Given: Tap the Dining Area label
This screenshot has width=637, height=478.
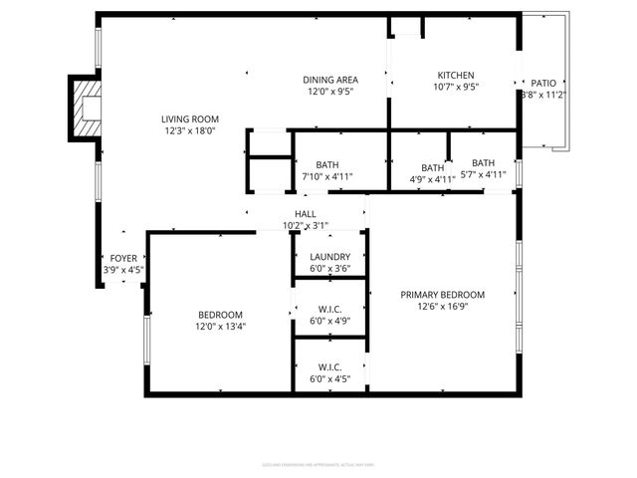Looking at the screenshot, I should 330,80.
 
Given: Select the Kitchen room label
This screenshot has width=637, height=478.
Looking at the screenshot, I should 456,75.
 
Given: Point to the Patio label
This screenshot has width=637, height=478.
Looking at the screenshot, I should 543,84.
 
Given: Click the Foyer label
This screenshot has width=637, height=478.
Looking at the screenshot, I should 123,258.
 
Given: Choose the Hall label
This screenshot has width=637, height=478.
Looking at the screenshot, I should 305,214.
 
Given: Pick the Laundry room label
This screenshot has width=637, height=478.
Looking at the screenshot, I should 330,256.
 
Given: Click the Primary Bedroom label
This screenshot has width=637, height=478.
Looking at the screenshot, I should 442,295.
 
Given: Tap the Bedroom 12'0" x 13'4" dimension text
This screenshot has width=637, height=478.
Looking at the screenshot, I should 220,326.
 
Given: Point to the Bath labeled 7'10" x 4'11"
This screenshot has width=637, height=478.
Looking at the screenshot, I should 328,165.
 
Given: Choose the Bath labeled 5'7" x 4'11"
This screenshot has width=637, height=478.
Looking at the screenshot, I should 483,163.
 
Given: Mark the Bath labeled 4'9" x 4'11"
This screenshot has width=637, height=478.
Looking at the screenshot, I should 432,168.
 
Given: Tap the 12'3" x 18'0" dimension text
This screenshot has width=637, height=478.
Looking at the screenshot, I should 190,130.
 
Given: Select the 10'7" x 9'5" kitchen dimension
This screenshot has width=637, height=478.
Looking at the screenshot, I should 457,87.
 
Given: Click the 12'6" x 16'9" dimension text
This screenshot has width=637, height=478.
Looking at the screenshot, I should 442,307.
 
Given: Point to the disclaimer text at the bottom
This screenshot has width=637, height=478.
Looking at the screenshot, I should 318,464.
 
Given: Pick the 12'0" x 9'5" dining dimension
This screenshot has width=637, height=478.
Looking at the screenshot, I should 330,92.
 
